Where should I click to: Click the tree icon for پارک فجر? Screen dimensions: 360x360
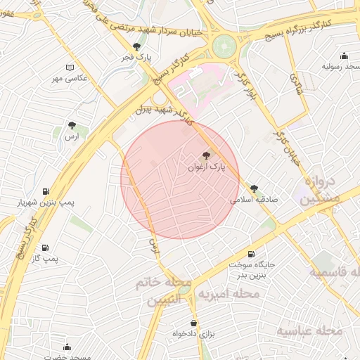pos(146,46)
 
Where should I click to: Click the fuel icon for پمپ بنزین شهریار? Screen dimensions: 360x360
pos(46,191)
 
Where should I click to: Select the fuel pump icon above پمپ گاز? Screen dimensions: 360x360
pos(46,247)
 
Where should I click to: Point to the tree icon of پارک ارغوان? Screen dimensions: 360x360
pos(206,156)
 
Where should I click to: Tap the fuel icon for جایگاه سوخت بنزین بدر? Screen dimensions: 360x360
pos(251,254)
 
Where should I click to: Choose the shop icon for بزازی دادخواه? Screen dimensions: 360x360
pos(193,324)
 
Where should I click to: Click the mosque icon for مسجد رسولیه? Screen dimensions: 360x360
pos(344,56)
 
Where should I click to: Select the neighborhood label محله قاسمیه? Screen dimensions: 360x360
pos(336,272)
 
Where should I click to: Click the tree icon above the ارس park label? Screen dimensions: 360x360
pos(72,126)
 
